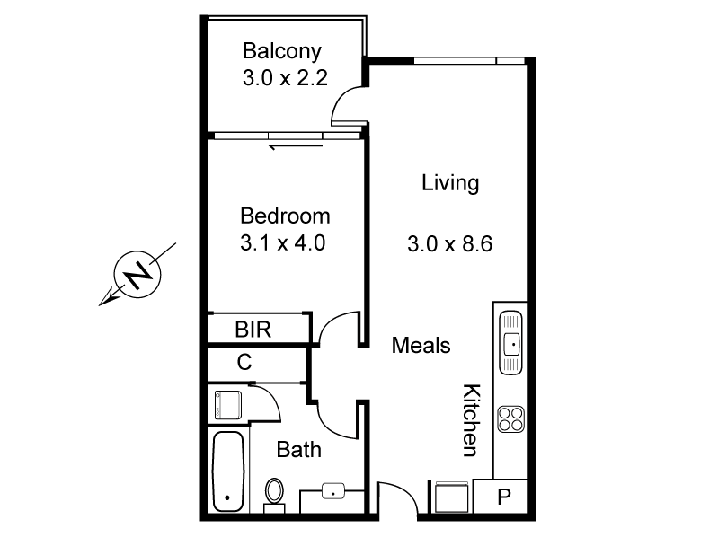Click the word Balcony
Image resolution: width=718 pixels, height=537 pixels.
tap(281, 51)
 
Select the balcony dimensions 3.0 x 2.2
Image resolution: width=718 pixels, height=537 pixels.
tap(283, 78)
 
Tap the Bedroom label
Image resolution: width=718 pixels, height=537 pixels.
tap(285, 216)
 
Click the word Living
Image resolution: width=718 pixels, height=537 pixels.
tap(450, 184)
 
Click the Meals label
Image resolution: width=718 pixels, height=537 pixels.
tap(421, 346)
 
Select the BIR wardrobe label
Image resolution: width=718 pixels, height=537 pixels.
tap(253, 330)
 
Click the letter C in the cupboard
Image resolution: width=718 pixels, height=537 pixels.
tap(244, 363)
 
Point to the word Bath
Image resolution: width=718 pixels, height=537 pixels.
tap(298, 450)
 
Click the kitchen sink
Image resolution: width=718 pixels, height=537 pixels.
tap(510, 341)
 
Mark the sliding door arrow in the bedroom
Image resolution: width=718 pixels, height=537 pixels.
tap(286, 143)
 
